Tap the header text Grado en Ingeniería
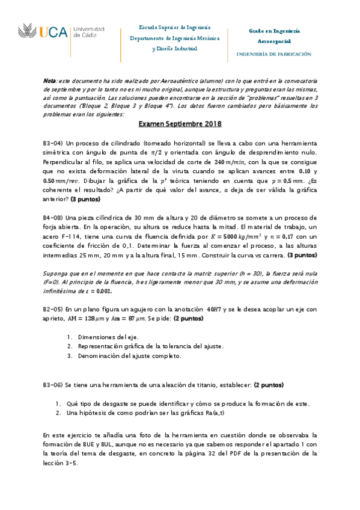point(275,30)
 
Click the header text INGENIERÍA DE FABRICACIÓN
point(274,54)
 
